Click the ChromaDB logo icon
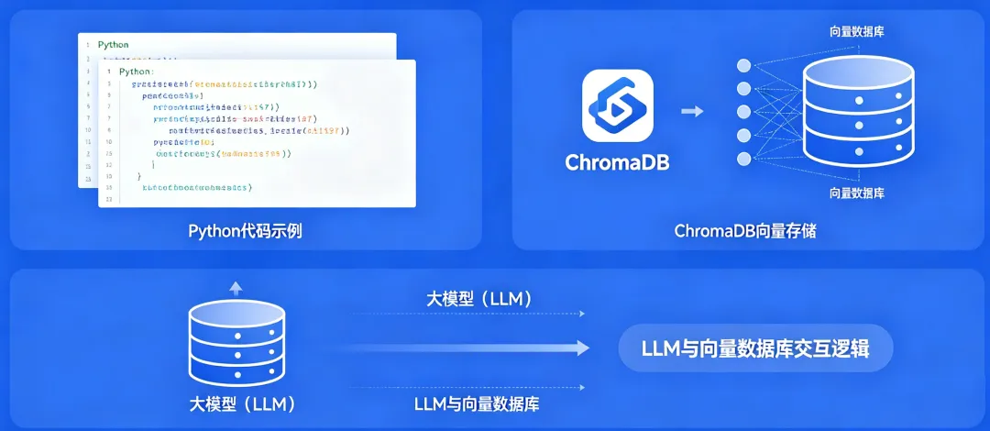tap(618, 105)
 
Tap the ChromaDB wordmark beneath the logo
tap(618, 163)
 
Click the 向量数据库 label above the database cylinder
tap(857, 32)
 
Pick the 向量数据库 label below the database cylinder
tap(857, 193)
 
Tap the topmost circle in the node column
tap(744, 66)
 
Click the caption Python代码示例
tap(245, 230)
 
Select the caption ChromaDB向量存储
tap(745, 231)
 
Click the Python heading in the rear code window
tap(114, 44)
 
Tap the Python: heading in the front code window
tap(137, 71)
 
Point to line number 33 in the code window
tap(108, 198)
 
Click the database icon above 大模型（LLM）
tap(236, 343)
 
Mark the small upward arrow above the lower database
tap(236, 288)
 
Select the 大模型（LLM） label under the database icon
tap(243, 403)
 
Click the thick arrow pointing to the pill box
tap(468, 348)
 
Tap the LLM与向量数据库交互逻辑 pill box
tap(755, 348)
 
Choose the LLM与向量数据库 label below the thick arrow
tap(484, 403)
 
